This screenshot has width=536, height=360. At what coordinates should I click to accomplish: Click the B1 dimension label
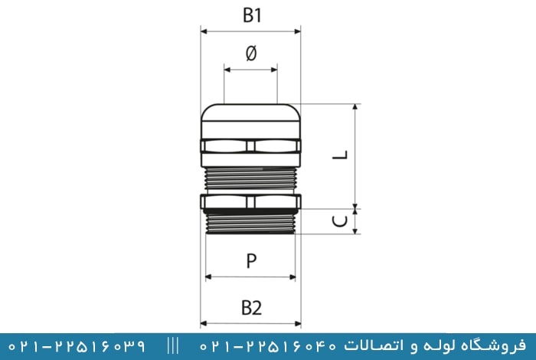pos(252,16)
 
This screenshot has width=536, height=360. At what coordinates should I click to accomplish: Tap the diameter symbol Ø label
pos(251,54)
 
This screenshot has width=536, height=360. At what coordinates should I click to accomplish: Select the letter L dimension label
pos(340,155)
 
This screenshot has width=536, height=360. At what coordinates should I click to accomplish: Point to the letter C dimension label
pos(340,221)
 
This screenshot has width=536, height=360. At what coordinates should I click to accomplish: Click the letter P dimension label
pos(251,261)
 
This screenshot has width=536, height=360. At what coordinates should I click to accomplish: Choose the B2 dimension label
pos(252,308)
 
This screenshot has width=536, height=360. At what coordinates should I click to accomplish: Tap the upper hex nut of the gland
pos(250,146)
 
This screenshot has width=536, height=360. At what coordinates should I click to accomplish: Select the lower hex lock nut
pos(250,201)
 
